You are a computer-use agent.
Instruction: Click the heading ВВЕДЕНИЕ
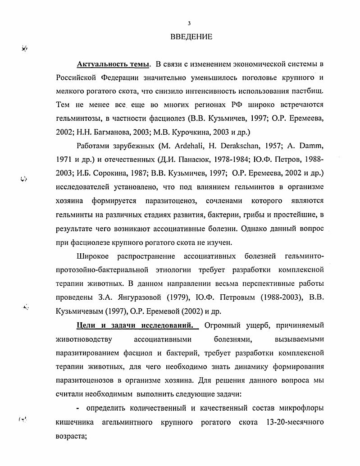coord(191,37)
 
